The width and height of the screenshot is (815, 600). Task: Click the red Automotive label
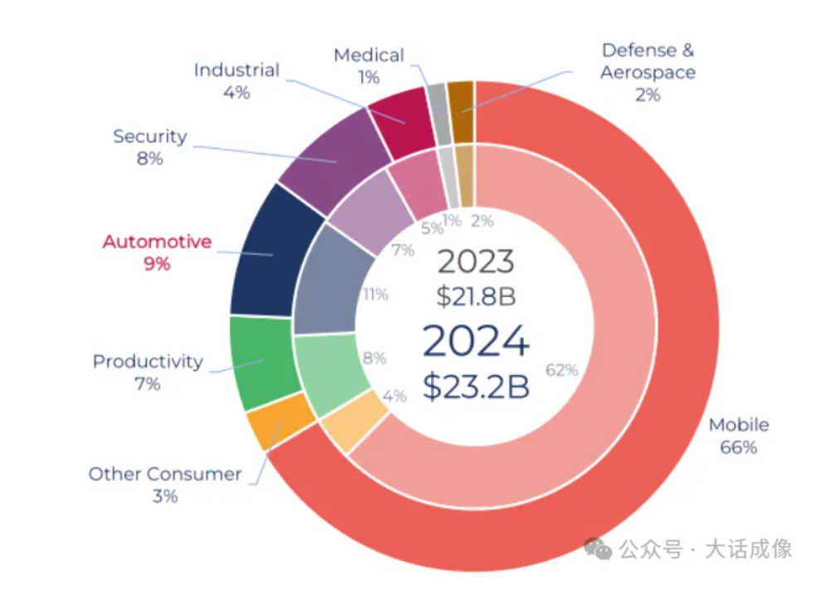point(157,242)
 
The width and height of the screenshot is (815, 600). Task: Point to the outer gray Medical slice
point(439,102)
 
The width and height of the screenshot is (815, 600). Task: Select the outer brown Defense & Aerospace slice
point(460,99)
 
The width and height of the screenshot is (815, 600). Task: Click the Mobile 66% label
point(738,436)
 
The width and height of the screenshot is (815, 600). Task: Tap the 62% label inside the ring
point(562,370)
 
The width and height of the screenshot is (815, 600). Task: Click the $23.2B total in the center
point(475,386)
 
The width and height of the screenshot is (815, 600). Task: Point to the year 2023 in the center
point(475,261)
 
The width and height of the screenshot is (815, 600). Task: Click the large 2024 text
point(475,341)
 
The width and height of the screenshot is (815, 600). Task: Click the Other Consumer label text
point(165,475)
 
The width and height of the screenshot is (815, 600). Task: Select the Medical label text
point(368,56)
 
